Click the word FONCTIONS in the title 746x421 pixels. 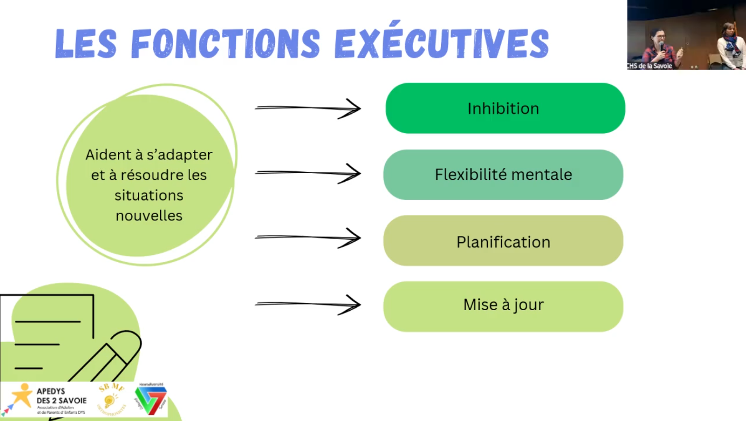pyautogui.click(x=225, y=44)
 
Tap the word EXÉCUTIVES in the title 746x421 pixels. pyautogui.click(x=442, y=43)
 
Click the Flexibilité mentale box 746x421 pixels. pyautogui.click(x=503, y=175)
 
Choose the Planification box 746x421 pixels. pyautogui.click(x=503, y=241)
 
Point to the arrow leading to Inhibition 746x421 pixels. pyautogui.click(x=308, y=108)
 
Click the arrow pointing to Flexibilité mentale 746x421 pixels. pyautogui.click(x=308, y=173)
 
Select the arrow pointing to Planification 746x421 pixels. pyautogui.click(x=308, y=237)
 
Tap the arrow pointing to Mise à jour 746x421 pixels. pyautogui.click(x=308, y=304)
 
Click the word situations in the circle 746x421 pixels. pyautogui.click(x=149, y=196)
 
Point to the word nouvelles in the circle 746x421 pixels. pyautogui.click(x=149, y=216)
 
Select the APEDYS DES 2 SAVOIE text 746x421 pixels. pyautogui.click(x=61, y=396)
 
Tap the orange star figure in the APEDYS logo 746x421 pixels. pyautogui.click(x=22, y=395)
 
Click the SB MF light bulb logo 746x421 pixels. pyautogui.click(x=111, y=399)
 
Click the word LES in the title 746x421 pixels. pyautogui.click(x=86, y=44)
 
